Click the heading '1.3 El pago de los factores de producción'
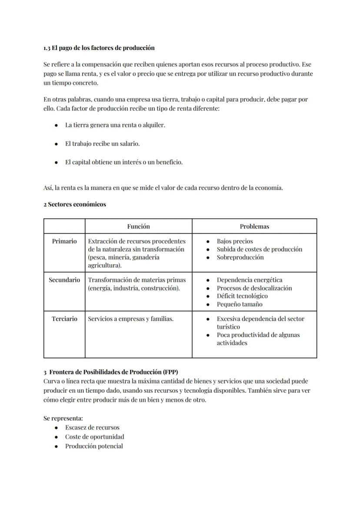[x=99, y=48]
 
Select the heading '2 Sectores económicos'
[x=74, y=204]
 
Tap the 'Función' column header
[x=138, y=226]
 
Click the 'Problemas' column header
[x=254, y=226]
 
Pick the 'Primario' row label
[x=64, y=241]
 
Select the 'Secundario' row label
[x=64, y=280]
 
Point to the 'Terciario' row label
[x=64, y=319]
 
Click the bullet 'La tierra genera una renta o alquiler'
[x=115, y=125]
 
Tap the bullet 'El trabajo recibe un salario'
[x=102, y=143]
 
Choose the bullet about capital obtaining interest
[x=123, y=163]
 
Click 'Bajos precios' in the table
[x=234, y=241]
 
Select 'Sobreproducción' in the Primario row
[x=240, y=257]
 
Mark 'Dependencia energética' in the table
[x=249, y=280]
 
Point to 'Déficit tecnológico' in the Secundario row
[x=242, y=296]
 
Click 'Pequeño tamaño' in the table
[x=240, y=304]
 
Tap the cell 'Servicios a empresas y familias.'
[x=130, y=319]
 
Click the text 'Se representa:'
[x=63, y=418]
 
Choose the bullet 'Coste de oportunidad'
[x=94, y=437]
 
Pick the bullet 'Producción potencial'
[x=94, y=446]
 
